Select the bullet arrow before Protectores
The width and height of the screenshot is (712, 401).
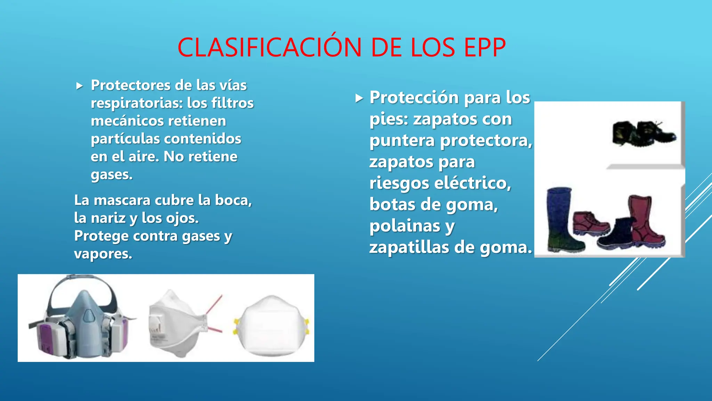[x=80, y=86]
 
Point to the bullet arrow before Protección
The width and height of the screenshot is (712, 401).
[x=359, y=98]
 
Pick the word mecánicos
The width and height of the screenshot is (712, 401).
[x=125, y=121]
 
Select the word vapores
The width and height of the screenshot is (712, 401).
[x=103, y=254]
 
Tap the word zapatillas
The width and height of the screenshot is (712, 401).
[x=409, y=247]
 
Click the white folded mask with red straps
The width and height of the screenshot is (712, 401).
[x=177, y=324]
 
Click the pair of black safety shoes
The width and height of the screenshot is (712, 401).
[x=643, y=134]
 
